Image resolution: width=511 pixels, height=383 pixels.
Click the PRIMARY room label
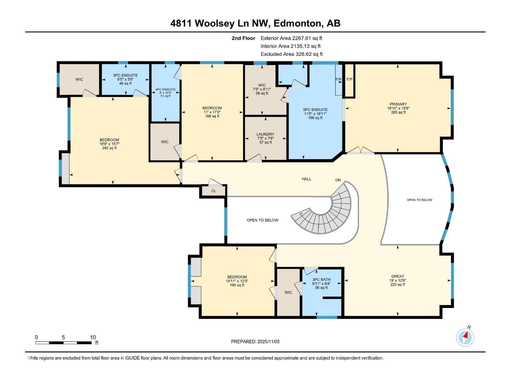click(x=398, y=104)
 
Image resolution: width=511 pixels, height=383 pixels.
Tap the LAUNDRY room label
click(x=265, y=134)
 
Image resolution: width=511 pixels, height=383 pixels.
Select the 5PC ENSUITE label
click(x=315, y=110)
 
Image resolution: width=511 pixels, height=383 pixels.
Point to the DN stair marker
click(x=338, y=180)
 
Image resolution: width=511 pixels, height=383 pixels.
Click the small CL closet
click(x=213, y=191)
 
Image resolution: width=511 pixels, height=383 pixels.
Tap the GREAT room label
click(x=398, y=276)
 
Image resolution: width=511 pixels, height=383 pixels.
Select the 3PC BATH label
click(x=321, y=280)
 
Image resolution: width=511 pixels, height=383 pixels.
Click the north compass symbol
click(x=465, y=337)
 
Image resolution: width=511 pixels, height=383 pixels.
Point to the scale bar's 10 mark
click(x=93, y=337)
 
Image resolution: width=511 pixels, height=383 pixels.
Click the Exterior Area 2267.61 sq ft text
click(x=291, y=38)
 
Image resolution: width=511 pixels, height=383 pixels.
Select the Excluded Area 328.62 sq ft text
click(x=291, y=54)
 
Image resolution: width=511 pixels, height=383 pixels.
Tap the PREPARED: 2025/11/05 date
click(x=255, y=342)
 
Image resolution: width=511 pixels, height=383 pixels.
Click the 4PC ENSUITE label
click(x=165, y=90)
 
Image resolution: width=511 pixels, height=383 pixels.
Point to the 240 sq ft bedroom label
click(x=109, y=148)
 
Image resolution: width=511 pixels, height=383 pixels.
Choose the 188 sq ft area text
click(x=212, y=116)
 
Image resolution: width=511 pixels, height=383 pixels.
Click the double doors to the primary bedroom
click(x=361, y=151)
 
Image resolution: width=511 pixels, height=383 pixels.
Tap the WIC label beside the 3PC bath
click(x=288, y=292)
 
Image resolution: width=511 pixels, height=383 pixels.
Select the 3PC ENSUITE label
click(x=125, y=75)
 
